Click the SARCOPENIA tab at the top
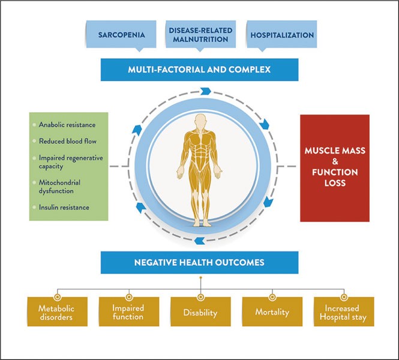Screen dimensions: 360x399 pyautogui.click(x=122, y=35)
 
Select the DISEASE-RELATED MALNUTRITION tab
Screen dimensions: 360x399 pyautogui.click(x=199, y=35)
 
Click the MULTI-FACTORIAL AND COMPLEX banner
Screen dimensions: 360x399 pyautogui.click(x=199, y=70)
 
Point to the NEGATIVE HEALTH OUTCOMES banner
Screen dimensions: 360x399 pyautogui.click(x=199, y=262)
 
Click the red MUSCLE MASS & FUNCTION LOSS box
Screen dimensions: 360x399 pyautogui.click(x=334, y=168)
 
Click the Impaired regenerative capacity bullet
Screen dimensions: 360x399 pyautogui.click(x=71, y=162)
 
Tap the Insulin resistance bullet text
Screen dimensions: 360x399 pyautogui.click(x=64, y=208)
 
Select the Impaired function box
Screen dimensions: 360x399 pyautogui.click(x=128, y=313)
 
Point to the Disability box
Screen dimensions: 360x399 pyautogui.click(x=200, y=313)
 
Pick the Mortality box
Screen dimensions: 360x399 pyautogui.click(x=272, y=313)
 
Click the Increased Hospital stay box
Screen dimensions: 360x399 pyautogui.click(x=343, y=313)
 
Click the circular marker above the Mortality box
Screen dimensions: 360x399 pyautogui.click(x=272, y=296)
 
